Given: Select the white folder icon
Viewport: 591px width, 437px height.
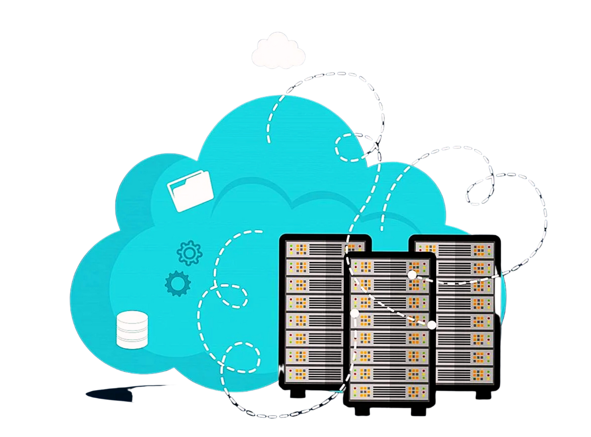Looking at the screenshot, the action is pyautogui.click(x=190, y=190).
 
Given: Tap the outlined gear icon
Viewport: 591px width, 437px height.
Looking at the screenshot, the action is pyautogui.click(x=190, y=253).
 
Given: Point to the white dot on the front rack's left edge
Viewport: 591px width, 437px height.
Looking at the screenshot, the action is pyautogui.click(x=354, y=313).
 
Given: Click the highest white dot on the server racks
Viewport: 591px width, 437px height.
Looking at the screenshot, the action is pyautogui.click(x=412, y=275).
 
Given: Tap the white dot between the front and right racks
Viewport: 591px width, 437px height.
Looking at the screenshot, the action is pyautogui.click(x=432, y=325).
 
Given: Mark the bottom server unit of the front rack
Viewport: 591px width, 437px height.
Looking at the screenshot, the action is pyautogui.click(x=389, y=391).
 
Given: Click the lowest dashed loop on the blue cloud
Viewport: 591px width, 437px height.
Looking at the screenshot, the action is pyautogui.click(x=241, y=357).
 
